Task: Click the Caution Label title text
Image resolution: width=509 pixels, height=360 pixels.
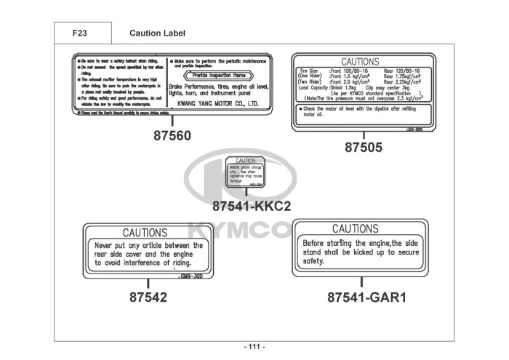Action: coord(157,33)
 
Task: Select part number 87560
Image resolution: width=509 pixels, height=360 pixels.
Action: coord(172,136)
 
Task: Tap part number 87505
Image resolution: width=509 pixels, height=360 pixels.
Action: coord(363,147)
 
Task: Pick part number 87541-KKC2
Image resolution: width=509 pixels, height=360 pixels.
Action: coord(252,206)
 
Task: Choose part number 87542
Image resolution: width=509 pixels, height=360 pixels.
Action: coord(148,297)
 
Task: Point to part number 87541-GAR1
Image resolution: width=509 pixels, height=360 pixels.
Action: coord(361,297)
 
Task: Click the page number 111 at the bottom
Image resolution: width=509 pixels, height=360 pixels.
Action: coord(254,346)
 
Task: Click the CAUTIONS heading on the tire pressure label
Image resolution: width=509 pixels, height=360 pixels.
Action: coord(360,63)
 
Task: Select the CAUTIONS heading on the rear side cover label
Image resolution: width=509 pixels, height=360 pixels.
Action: coord(144,233)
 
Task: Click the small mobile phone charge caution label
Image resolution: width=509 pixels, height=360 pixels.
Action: coord(245,174)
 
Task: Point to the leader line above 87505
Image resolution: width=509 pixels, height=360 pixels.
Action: coord(363,136)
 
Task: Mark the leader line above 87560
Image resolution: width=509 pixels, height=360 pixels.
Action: coord(172,121)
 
